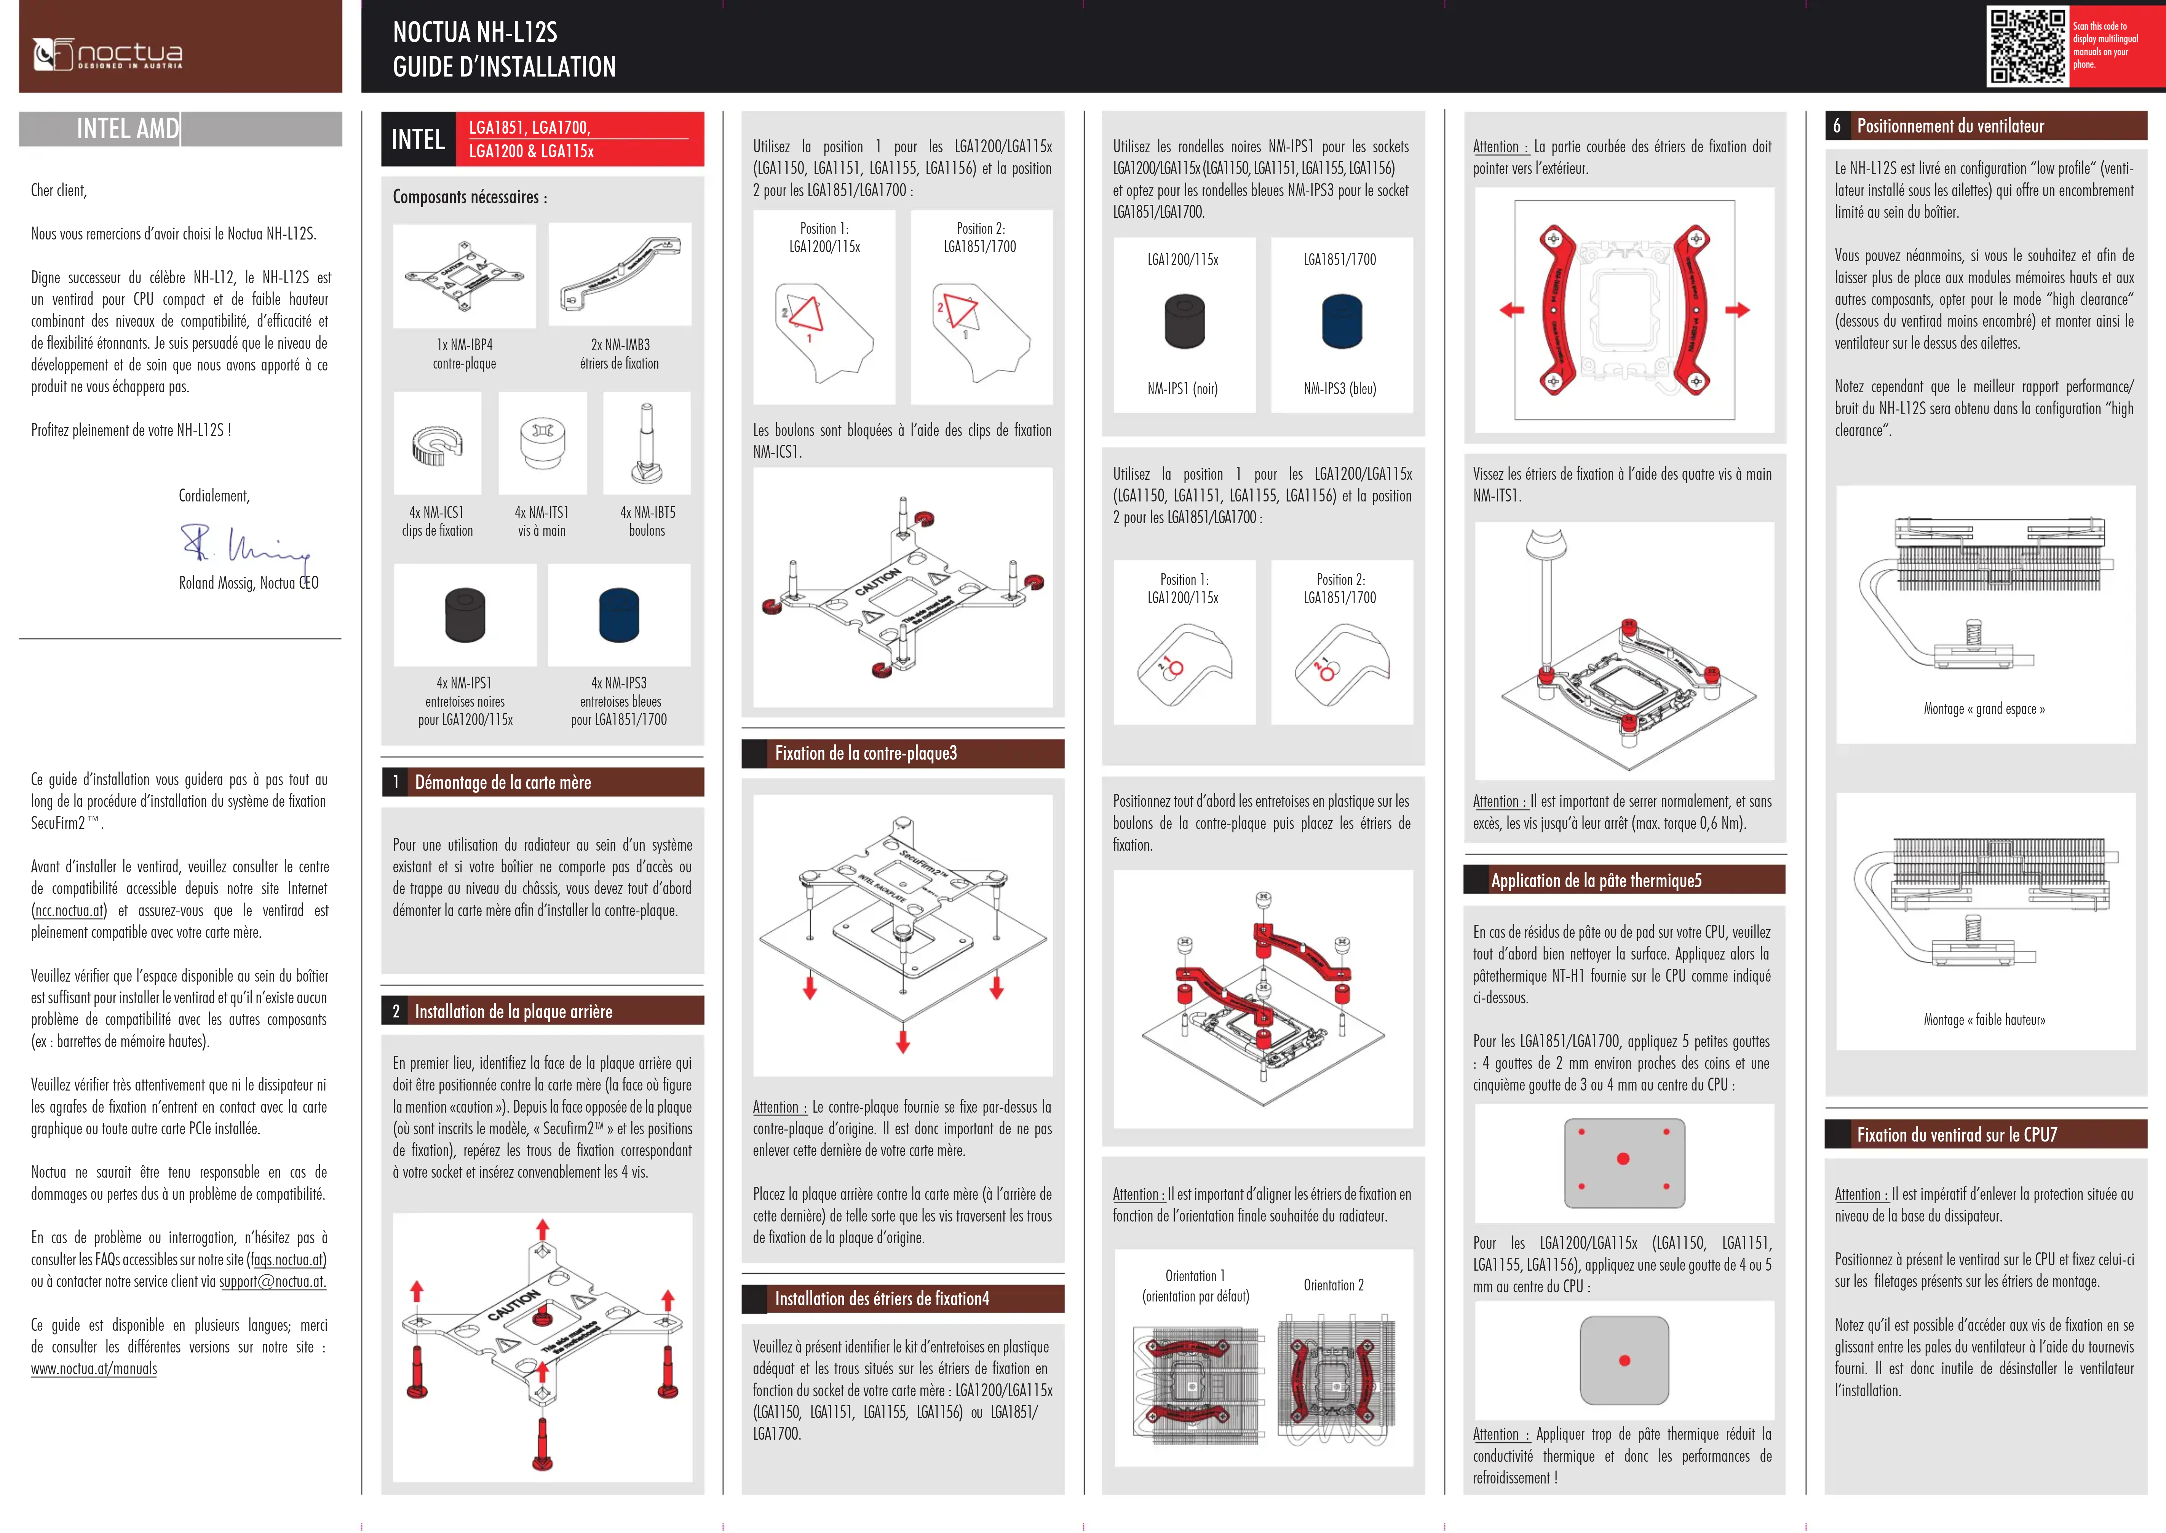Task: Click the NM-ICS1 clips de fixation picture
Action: (x=437, y=444)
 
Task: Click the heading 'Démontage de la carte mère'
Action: (x=503, y=782)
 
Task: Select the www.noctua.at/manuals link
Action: (x=94, y=1369)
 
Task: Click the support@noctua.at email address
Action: (x=273, y=1282)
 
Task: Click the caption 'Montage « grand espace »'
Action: (x=1984, y=709)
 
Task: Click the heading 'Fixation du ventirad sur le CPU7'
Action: (x=1957, y=1135)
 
